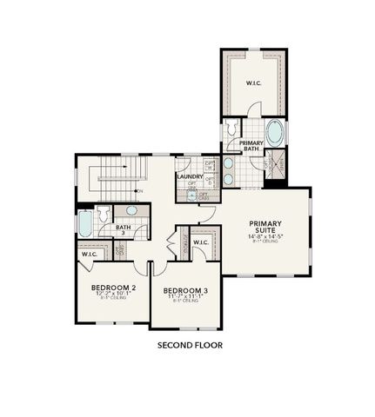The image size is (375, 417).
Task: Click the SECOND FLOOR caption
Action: pos(189,345)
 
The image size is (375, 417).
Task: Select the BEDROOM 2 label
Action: pos(114,288)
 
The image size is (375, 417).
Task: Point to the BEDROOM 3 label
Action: pos(184,290)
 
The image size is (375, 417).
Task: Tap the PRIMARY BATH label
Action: pos(251,146)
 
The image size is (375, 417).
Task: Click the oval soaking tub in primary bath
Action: pos(274,134)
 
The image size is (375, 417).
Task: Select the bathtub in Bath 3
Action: pos(84,224)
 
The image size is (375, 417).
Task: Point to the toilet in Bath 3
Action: pos(103,213)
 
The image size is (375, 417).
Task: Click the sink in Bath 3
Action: pos(131,211)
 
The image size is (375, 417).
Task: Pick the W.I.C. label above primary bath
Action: pos(254,84)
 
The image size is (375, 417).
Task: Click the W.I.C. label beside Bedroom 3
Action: pos(200,242)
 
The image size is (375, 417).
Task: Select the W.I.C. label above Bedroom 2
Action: pos(90,255)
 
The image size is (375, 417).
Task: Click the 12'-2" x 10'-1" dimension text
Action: pos(114,295)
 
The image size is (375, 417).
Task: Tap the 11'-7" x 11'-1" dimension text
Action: pos(184,297)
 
